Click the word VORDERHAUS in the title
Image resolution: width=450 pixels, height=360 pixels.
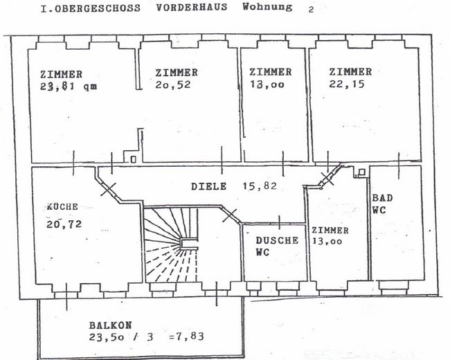192,7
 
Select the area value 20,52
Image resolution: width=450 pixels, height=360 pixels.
173,84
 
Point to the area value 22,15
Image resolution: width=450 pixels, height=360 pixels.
347,84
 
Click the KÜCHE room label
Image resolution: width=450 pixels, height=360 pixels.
62,207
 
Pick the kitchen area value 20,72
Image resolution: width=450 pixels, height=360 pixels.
64,224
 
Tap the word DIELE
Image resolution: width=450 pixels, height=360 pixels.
208,187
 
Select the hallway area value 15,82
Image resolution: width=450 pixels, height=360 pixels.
260,186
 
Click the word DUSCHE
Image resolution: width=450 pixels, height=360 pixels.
277,240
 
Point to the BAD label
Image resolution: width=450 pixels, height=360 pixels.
382,198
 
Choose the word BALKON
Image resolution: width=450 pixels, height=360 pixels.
111,325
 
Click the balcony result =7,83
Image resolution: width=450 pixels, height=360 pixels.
187,336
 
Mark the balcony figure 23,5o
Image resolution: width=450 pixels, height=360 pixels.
107,336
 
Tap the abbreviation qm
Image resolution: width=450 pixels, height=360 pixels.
90,87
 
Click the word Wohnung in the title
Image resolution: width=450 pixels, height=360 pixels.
267,7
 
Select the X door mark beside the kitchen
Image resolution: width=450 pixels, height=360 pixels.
109,189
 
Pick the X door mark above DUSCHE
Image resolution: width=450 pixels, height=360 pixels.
230,215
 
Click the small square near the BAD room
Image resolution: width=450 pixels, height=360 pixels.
362,172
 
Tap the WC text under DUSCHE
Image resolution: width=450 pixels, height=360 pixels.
262,252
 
